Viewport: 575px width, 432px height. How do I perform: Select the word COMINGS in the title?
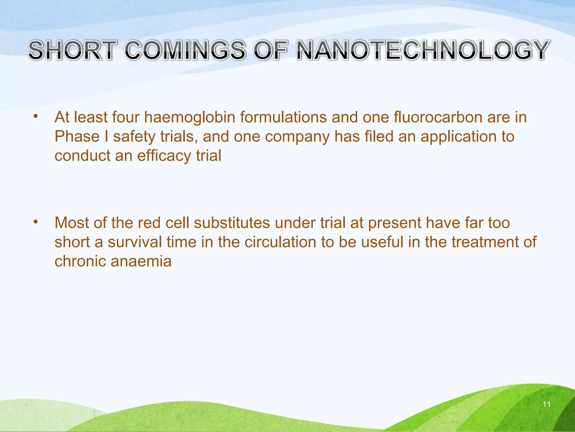[x=185, y=50]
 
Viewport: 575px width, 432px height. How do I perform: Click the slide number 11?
[x=546, y=404]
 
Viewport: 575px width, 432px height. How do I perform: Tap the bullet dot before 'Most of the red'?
[x=35, y=222]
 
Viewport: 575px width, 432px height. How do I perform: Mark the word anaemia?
[x=141, y=261]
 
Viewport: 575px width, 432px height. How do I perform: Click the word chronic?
[x=80, y=261]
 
